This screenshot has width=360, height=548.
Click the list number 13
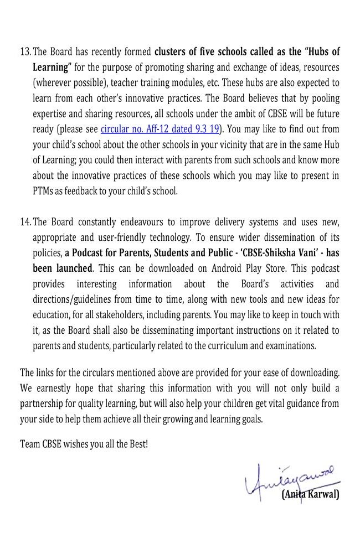(25, 52)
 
